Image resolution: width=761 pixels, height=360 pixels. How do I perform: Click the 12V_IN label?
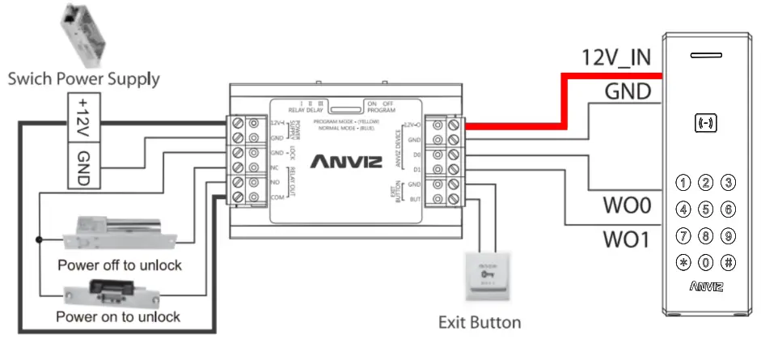coord(615,58)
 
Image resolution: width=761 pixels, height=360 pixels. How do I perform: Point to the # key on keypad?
coord(728,263)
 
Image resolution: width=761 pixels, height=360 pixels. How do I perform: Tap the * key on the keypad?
coord(683,263)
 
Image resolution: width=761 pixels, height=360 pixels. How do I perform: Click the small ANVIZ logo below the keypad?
coord(706,286)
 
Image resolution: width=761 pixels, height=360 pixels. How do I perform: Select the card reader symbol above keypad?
coord(706,124)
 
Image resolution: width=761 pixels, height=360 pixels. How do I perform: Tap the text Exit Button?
coord(480,322)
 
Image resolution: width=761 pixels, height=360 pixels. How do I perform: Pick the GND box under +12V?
coord(83,165)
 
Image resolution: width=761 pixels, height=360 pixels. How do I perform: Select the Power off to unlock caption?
coord(120,265)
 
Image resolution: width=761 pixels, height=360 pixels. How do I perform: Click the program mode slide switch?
coord(346,106)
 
